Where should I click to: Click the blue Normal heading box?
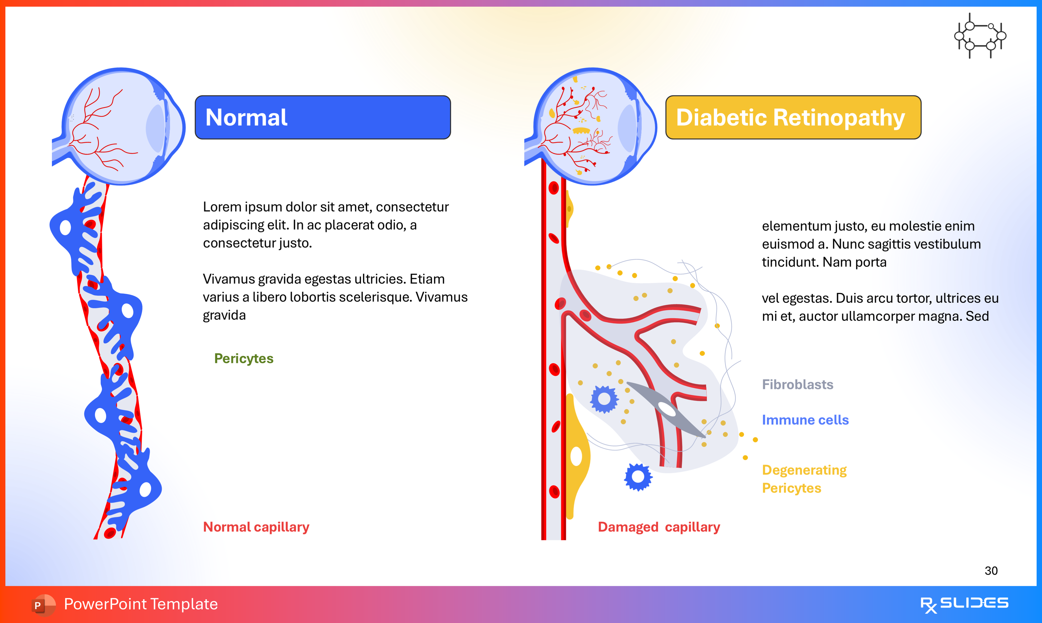(322, 117)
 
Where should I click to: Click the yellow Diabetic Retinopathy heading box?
(793, 117)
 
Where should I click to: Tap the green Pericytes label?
(244, 358)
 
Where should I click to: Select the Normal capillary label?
(256, 527)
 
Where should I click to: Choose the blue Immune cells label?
(805, 420)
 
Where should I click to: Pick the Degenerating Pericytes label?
(804, 479)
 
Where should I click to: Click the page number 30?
(991, 570)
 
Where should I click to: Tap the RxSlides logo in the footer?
(964, 604)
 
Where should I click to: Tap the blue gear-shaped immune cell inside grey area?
(604, 399)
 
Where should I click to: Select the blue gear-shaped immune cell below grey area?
(638, 477)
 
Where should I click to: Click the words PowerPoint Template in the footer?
(141, 604)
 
